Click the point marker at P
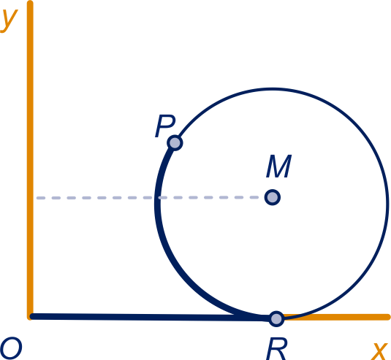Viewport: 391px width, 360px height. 175,143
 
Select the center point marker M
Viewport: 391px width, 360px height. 273,197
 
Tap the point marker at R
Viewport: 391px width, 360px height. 276,318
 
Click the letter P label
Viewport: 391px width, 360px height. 165,126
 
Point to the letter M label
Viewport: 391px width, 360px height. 278,166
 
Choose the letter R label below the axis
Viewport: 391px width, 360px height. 276,349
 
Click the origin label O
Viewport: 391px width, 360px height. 11,348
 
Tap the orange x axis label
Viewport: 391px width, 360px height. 380,351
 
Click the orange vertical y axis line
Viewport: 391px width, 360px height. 30,160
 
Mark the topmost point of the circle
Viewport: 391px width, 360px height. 273,88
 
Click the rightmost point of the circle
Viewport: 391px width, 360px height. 388,203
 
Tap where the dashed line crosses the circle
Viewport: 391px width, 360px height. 158,198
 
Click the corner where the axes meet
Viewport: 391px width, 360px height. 30,317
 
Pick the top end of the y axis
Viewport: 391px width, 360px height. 30,2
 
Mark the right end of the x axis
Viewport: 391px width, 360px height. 389,317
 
